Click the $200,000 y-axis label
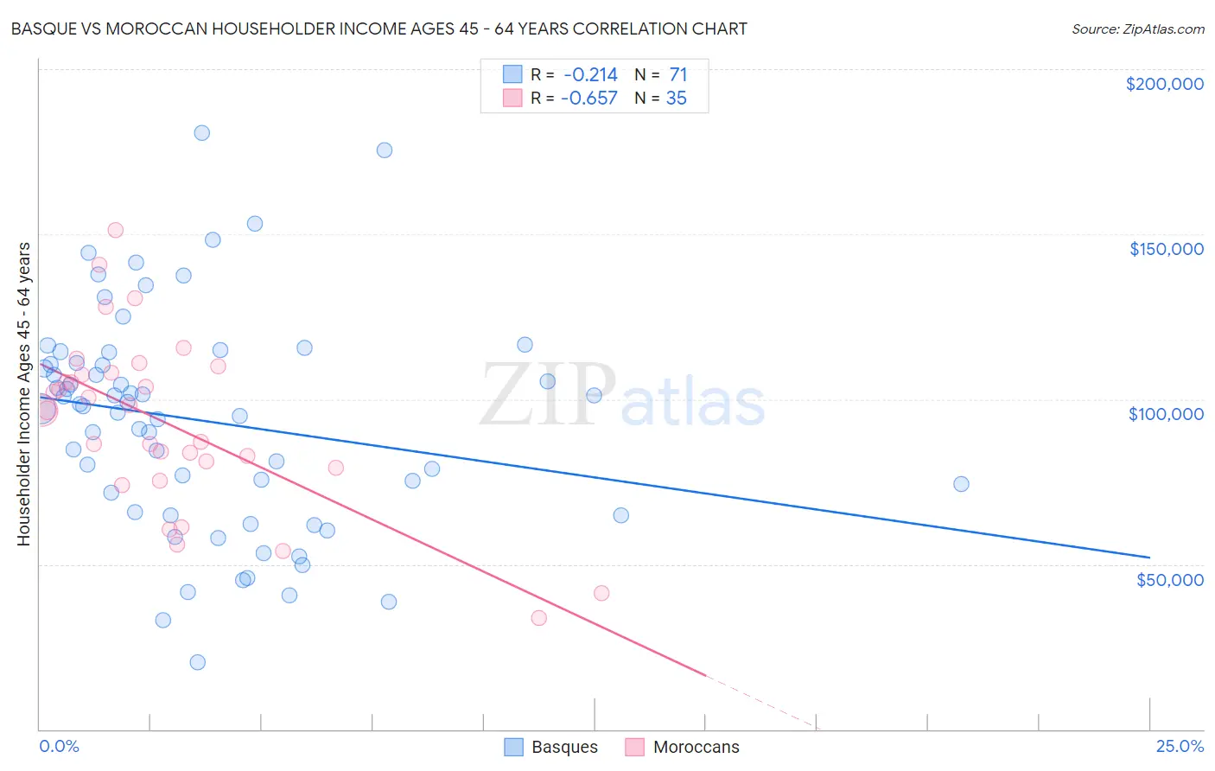click(1164, 84)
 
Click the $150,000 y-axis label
click(1166, 249)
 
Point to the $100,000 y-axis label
click(1166, 414)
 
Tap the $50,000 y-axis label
click(1169, 579)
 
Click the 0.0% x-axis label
click(59, 746)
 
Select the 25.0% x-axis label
click(1180, 746)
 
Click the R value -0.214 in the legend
click(589, 75)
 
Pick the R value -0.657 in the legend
click(589, 99)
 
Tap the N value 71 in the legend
click(677, 75)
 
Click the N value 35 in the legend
click(676, 99)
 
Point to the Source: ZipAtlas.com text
click(1137, 29)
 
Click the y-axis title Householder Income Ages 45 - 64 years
click(24, 393)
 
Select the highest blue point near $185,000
click(201, 133)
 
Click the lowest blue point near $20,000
click(197, 662)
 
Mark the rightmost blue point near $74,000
click(961, 484)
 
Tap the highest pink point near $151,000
click(115, 230)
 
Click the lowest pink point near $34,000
click(538, 618)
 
